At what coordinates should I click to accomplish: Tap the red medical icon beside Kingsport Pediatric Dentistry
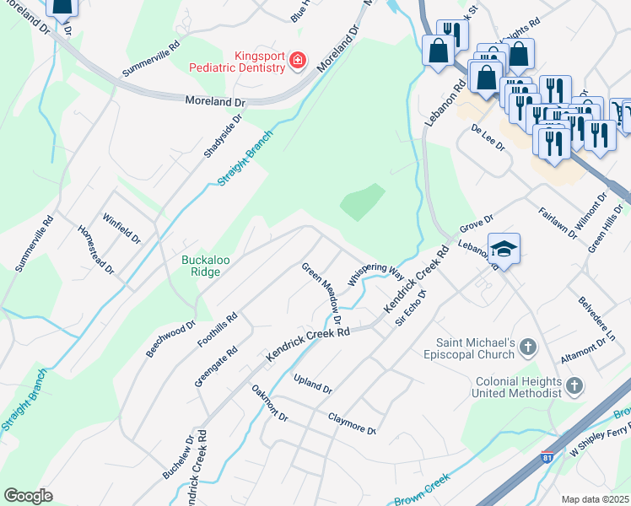[296, 60]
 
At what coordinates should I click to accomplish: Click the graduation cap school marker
[504, 249]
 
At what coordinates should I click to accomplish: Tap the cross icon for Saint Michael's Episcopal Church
[528, 347]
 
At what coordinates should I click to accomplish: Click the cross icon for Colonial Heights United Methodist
[574, 386]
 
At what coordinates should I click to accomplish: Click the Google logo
[28, 496]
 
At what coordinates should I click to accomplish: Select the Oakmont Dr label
[270, 404]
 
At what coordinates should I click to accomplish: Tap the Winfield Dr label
[121, 227]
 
